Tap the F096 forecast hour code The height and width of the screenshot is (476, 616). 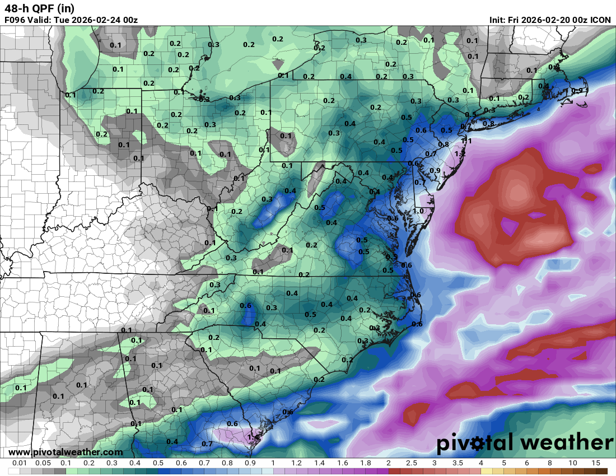pyautogui.click(x=16, y=20)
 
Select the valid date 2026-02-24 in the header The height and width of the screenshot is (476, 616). pyautogui.click(x=95, y=20)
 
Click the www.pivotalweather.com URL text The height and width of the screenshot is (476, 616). pyautogui.click(x=66, y=452)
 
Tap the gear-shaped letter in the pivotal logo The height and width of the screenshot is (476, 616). pyautogui.click(x=478, y=444)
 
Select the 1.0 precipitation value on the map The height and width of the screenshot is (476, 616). pyautogui.click(x=418, y=211)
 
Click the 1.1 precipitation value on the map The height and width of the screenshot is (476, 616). pyautogui.click(x=466, y=141)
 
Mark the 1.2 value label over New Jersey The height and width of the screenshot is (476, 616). pyautogui.click(x=460, y=153)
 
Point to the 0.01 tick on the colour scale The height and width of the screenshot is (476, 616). pyautogui.click(x=20, y=463)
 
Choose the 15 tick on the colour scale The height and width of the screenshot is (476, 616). pyautogui.click(x=595, y=463)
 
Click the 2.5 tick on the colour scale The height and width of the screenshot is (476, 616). pyautogui.click(x=412, y=463)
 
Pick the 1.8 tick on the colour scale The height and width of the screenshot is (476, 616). pyautogui.click(x=365, y=463)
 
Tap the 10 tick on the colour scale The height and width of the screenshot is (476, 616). pyautogui.click(x=572, y=463)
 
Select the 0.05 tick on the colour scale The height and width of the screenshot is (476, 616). pyautogui.click(x=43, y=463)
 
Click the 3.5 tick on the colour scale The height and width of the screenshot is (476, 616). pyautogui.click(x=458, y=463)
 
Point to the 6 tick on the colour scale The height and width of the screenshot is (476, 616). pyautogui.click(x=526, y=463)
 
